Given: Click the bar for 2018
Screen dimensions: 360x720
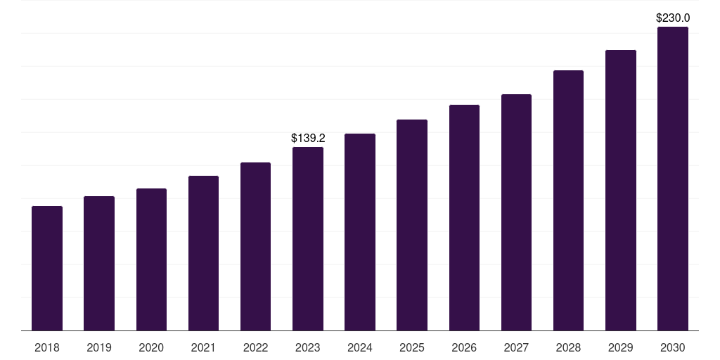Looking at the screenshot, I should [x=47, y=268].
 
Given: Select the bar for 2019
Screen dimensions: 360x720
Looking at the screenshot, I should [x=99, y=263].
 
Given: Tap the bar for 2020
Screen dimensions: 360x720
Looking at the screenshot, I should [x=151, y=259].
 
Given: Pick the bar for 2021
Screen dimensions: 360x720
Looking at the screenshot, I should [x=203, y=253].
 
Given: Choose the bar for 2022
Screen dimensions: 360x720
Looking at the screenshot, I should [x=255, y=246].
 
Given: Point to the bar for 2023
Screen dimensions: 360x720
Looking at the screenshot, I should [x=308, y=238].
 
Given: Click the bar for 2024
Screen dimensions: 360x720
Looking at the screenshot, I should [x=360, y=232].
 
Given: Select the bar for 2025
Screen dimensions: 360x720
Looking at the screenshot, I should [x=412, y=225].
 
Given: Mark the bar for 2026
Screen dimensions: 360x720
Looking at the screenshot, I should [x=464, y=217].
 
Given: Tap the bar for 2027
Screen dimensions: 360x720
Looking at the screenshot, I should [x=516, y=212].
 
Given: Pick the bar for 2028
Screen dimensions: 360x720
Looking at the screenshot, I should [x=568, y=200].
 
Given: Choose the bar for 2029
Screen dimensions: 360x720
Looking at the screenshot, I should [x=620, y=190].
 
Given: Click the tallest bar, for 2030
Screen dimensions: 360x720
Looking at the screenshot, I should [x=673, y=179].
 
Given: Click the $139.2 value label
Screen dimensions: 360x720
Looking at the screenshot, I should [x=308, y=139].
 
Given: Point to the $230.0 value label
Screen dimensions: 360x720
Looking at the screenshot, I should [x=673, y=18].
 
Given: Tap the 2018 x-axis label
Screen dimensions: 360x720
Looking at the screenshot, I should [x=47, y=347].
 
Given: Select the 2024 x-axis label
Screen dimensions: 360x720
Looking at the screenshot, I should [x=360, y=347].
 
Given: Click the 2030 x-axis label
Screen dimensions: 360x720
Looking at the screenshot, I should [x=673, y=347].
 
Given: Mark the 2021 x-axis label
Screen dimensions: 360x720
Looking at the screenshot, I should [x=203, y=347].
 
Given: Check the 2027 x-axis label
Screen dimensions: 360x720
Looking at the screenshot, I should [x=516, y=347].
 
